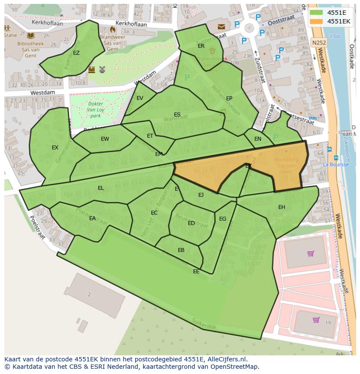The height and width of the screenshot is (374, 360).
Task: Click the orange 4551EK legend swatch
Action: point(317,21)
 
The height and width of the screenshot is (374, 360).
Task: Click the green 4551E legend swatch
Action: point(317,13)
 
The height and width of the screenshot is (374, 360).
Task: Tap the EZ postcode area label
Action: point(76,53)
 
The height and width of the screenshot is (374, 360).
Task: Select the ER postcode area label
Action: point(201,46)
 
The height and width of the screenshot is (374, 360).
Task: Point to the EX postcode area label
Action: point(55,148)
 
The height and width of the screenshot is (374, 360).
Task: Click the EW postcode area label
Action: point(105,139)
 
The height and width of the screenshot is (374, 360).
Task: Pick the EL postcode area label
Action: point(101,188)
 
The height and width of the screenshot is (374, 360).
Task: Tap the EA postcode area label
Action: point(92,218)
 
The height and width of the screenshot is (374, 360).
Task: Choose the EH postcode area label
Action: point(282,207)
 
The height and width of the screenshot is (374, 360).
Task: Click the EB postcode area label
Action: point(181,250)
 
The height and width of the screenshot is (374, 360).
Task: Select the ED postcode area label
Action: point(191,223)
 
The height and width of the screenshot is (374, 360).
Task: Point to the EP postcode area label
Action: point(229,99)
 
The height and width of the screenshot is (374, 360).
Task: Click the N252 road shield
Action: point(318,43)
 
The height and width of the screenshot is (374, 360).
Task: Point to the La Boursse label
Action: point(336,165)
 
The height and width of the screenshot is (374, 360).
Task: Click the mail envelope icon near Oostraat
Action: point(222,27)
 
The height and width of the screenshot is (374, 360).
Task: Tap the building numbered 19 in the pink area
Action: point(328,323)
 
